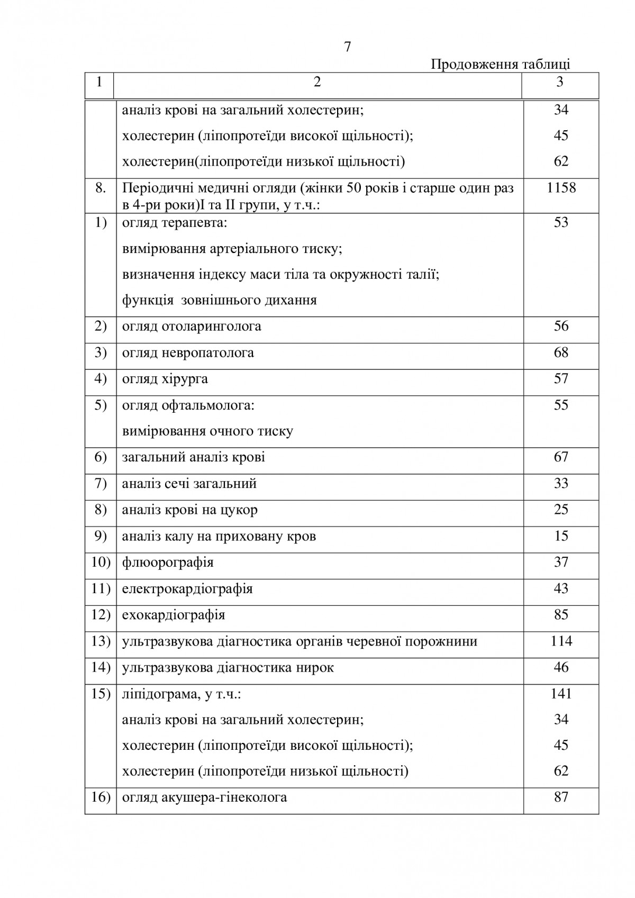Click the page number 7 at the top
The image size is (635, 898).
tap(347, 47)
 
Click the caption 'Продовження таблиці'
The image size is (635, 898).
tap(500, 65)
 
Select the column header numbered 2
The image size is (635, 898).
tap(317, 82)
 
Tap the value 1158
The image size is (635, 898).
tap(561, 188)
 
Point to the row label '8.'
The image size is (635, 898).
tap(101, 188)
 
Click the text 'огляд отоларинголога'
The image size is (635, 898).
tap(192, 326)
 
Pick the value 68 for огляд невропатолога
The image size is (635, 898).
tap(561, 352)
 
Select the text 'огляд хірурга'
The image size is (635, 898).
tap(165, 379)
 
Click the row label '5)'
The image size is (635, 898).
tap(101, 405)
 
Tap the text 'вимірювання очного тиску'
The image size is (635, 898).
tap(207, 431)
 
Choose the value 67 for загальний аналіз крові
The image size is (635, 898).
tap(561, 457)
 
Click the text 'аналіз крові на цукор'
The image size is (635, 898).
tap(190, 510)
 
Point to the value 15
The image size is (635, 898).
tap(561, 536)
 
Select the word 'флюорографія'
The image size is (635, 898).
tap(168, 562)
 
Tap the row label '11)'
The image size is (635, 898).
tap(101, 588)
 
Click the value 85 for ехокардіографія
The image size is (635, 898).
tap(561, 615)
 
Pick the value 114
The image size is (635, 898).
tap(561, 641)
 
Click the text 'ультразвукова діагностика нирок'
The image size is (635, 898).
tap(228, 668)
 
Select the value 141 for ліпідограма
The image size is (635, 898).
tap(561, 694)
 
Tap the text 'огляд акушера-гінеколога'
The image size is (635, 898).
tap(204, 797)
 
